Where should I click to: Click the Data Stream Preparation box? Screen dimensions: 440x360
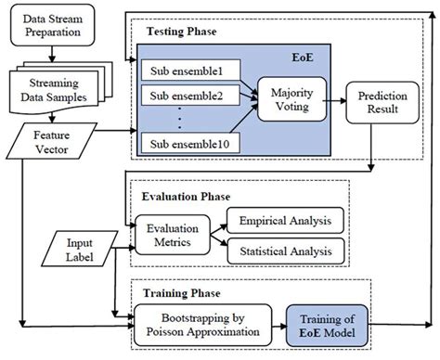[52, 25]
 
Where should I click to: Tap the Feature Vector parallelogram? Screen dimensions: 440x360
[52, 142]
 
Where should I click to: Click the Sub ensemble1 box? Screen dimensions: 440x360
[191, 71]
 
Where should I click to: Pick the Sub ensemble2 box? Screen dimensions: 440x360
[190, 96]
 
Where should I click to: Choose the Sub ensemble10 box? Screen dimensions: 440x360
[190, 143]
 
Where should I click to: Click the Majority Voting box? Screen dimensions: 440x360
[291, 99]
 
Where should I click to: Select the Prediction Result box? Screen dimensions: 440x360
[382, 102]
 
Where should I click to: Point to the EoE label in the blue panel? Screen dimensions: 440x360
[303, 58]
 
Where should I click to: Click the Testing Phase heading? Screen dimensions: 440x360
[181, 32]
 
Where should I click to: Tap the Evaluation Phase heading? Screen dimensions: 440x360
[186, 197]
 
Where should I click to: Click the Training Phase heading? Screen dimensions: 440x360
[182, 293]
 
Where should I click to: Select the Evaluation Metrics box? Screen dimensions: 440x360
[173, 235]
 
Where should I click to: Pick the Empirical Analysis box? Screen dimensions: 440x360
[285, 221]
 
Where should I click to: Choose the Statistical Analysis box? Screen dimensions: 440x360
[286, 251]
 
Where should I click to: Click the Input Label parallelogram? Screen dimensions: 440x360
[80, 249]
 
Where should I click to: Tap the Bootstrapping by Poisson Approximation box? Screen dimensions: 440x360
[202, 325]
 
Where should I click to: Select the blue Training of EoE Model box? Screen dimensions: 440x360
[327, 326]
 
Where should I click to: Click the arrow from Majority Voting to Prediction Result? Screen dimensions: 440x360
[334, 101]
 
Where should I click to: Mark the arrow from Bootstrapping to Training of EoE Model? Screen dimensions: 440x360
[279, 326]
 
